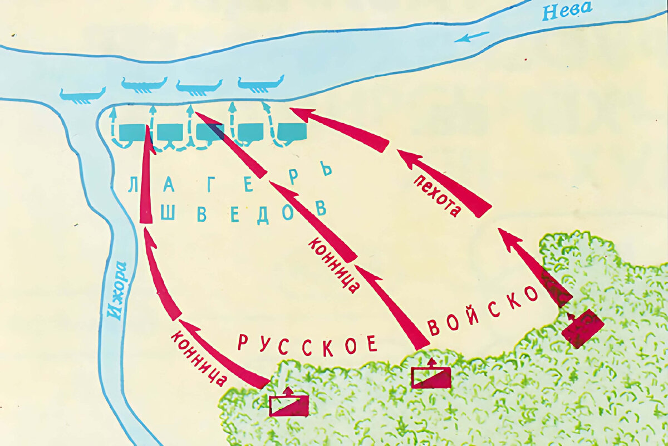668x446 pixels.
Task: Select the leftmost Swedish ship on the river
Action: click(x=82, y=95)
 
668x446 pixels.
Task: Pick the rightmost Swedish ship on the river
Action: click(x=261, y=84)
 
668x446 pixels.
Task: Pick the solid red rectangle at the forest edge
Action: click(x=582, y=329)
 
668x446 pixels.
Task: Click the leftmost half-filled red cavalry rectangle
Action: click(x=289, y=405)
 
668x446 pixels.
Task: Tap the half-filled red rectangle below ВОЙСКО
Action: click(x=431, y=377)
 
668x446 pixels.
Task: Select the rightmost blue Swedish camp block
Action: click(x=292, y=132)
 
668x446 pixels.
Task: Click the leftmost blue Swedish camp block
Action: click(x=132, y=133)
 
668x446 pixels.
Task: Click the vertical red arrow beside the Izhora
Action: click(x=146, y=178)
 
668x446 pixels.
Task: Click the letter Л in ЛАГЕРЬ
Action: click(x=133, y=184)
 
